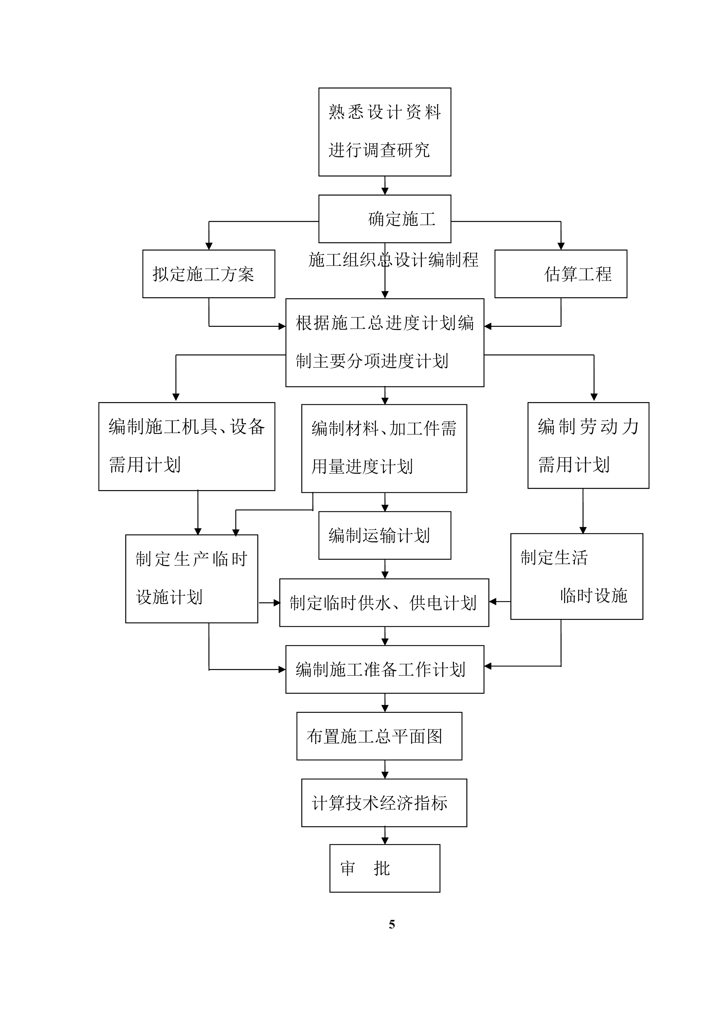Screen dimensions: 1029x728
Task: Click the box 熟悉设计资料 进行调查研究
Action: (385, 132)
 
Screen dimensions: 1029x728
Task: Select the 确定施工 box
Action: (385, 219)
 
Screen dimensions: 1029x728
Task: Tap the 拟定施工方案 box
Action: (208, 274)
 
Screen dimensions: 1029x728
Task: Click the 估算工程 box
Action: (560, 274)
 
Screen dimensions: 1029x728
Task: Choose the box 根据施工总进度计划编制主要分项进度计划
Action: (385, 342)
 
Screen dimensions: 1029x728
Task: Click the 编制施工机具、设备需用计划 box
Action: (187, 446)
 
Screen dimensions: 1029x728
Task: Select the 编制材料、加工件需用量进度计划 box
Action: (384, 448)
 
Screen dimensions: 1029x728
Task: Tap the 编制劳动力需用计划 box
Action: (588, 446)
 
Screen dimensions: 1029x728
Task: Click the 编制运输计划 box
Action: (385, 535)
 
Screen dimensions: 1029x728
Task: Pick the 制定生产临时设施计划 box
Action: (191, 578)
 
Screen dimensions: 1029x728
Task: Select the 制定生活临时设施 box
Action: (577, 576)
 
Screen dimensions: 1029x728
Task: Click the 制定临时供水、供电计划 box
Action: (384, 603)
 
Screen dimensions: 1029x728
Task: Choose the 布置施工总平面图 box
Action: (379, 736)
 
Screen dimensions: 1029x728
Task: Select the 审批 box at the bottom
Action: (385, 868)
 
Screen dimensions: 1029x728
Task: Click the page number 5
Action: (392, 925)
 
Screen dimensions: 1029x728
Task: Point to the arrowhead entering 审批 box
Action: (385, 841)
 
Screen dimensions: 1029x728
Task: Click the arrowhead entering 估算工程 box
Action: (561, 246)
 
